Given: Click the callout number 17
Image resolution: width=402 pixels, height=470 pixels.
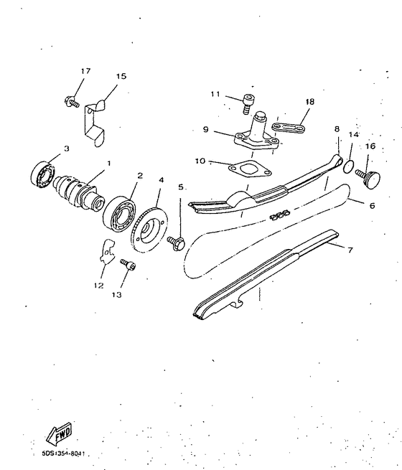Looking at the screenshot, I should click(x=85, y=71).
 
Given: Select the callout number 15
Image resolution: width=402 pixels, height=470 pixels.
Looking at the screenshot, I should click(x=121, y=75).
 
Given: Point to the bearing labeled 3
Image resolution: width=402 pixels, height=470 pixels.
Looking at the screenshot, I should click(x=43, y=172).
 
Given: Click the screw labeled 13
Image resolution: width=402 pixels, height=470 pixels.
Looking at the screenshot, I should click(x=128, y=265).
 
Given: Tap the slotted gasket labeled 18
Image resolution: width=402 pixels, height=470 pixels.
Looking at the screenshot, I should click(x=294, y=126).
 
